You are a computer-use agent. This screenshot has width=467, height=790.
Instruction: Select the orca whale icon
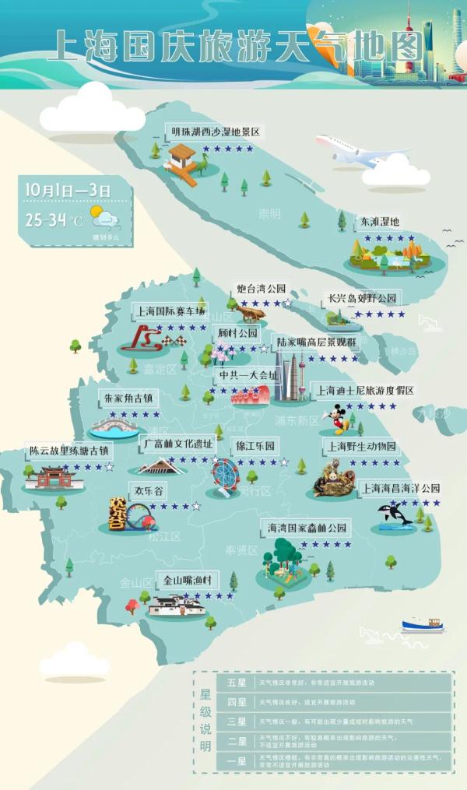[x=390, y=514]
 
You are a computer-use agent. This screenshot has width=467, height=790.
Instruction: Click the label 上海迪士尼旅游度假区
[x=363, y=391]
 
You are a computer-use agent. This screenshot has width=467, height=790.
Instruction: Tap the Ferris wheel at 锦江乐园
[x=226, y=476]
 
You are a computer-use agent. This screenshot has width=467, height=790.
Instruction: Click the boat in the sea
[x=423, y=625]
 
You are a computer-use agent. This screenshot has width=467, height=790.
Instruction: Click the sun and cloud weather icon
[x=104, y=216]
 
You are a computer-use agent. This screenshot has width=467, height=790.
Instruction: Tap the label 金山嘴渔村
[x=187, y=581]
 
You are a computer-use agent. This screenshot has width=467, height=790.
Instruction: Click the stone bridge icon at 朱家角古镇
[x=114, y=427]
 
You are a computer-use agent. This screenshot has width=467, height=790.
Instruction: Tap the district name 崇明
[x=269, y=213]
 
